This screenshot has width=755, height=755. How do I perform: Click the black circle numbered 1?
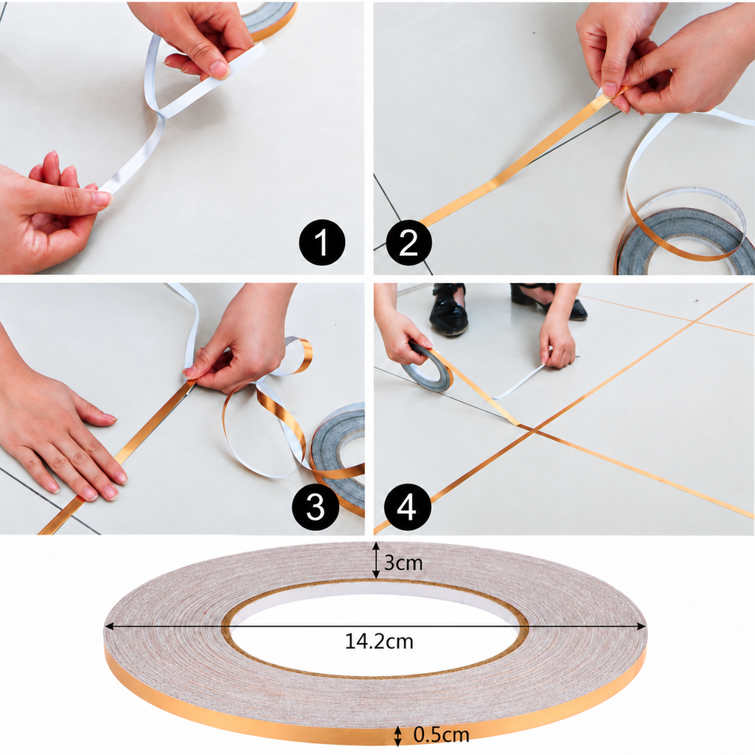tap(322, 242)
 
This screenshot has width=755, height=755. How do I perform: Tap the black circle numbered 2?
tap(408, 242)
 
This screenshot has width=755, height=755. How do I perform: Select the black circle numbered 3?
tap(316, 507)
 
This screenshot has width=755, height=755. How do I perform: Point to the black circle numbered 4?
tap(407, 507)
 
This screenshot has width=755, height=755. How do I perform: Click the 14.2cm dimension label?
tap(380, 641)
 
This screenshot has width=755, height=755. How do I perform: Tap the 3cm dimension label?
tap(403, 563)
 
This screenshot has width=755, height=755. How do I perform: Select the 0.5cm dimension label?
tap(441, 735)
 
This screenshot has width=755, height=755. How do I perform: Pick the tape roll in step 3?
tap(338, 457)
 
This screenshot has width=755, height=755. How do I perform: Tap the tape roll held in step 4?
tap(427, 369)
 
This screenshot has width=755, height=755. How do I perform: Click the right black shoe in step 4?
tap(549, 301)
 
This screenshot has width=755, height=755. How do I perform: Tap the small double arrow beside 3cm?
tap(376, 560)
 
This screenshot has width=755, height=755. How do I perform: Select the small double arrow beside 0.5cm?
tap(397, 736)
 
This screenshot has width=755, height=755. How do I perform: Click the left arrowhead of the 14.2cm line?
tap(109, 626)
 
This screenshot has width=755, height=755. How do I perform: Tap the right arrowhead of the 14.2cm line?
tap(641, 626)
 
